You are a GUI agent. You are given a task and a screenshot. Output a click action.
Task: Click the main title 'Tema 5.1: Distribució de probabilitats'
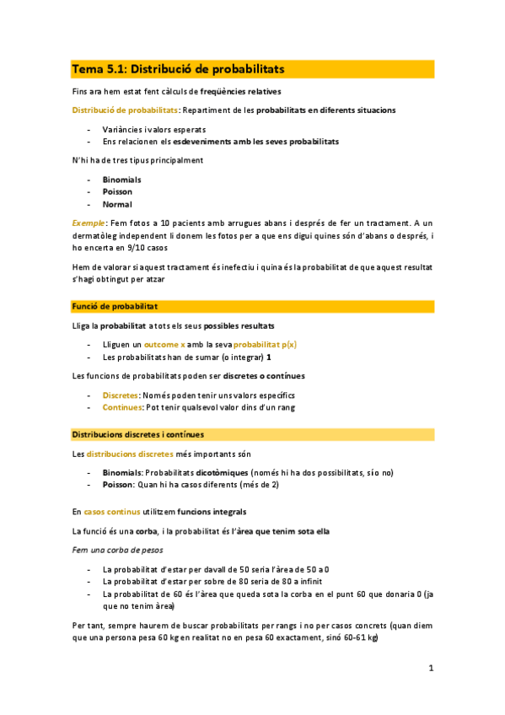click(178, 68)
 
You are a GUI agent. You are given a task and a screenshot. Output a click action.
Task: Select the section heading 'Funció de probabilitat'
click(113, 306)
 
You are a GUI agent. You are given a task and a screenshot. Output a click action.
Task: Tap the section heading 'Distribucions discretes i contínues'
click(137, 435)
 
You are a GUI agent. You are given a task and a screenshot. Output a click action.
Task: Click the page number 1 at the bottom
click(430, 669)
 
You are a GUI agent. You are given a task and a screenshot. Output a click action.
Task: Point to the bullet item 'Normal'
click(117, 204)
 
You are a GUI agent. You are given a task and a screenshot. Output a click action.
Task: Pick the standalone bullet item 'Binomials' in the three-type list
click(122, 180)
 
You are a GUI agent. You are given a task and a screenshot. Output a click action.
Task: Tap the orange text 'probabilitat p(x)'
click(265, 345)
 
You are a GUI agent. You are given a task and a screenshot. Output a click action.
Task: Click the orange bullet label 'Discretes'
click(121, 395)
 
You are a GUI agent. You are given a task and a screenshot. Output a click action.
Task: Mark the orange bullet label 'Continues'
click(121, 407)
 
